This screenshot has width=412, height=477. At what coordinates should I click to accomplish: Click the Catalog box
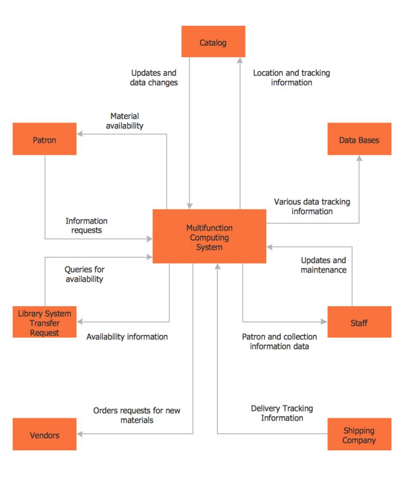pos(213,42)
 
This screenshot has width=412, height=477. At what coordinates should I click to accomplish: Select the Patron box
pos(44,139)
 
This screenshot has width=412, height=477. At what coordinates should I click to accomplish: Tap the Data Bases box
pos(359,139)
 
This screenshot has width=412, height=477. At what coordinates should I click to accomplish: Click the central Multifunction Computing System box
pos(209,237)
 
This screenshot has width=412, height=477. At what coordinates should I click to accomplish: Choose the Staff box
pos(359,322)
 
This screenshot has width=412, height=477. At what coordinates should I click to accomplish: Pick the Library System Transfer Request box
pos(44,323)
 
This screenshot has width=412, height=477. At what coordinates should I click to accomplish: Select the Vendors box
pos(44,434)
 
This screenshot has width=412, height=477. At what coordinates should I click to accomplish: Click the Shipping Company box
pos(359,434)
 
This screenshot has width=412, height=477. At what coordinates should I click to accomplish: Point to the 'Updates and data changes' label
pos(153,78)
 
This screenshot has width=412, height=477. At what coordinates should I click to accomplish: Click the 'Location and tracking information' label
pos(291,78)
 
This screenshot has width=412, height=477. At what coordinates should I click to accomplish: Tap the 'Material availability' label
pos(125,121)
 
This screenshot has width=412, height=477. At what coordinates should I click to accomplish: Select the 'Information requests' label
pos(86,225)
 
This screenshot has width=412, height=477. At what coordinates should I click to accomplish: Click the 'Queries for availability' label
pos(84,274)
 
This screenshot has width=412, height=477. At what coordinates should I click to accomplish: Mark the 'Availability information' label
pos(127,337)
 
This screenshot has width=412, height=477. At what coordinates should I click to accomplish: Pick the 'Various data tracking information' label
pos(312,206)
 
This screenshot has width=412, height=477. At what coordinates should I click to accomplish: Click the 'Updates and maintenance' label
pos(323,265)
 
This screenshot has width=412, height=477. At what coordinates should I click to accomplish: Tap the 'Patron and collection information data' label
pos(279,341)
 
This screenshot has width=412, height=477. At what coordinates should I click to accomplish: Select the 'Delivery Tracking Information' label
pos(282,413)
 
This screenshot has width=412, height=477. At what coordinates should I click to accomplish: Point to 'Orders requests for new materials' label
pos(136,415)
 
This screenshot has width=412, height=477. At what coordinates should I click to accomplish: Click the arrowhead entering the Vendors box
pos(80,434)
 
